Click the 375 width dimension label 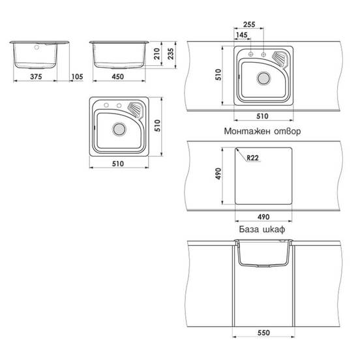point(36,76)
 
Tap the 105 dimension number point(77,76)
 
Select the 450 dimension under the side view point(118,76)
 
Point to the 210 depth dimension point(157,53)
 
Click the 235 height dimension point(171,53)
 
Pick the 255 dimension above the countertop point(249,24)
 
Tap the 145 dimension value point(242,35)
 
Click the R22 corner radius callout point(252,158)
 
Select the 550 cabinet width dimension point(263,333)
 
